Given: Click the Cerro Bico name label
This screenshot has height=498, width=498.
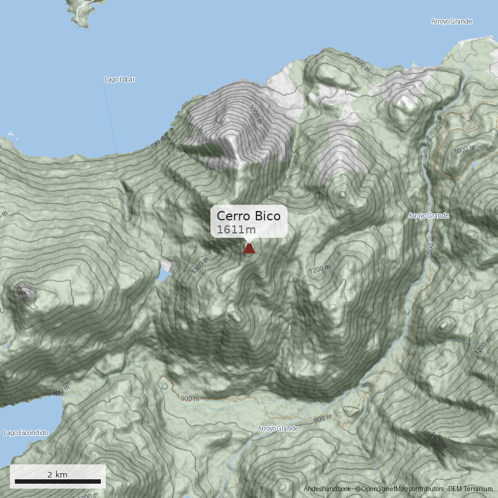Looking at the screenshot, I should point(248,216).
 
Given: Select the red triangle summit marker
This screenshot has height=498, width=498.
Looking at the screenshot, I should point(249,248).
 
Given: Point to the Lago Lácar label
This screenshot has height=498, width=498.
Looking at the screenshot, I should point(120,80).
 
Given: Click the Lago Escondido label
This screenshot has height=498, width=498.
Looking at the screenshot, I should point(26,433).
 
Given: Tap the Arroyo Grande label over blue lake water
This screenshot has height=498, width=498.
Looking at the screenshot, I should point(451,22).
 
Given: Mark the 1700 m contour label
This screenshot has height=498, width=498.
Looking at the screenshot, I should point(89,495).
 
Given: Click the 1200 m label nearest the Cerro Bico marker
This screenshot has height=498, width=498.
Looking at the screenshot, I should point(319,270).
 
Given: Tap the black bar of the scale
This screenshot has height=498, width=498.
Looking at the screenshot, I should point(57,481).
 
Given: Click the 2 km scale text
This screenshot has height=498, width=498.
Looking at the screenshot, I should point(57,474).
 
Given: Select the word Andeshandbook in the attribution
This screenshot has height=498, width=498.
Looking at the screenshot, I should point(327,489).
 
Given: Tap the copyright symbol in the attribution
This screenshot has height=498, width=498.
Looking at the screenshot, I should point(358,489).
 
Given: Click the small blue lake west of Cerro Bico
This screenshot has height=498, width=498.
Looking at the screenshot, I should point(165,270).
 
